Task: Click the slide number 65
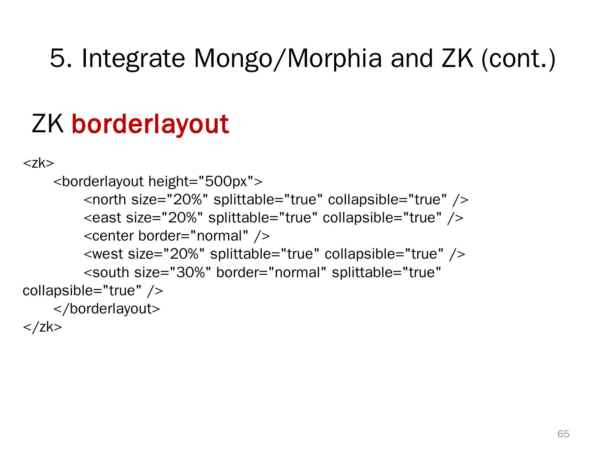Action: [563, 434]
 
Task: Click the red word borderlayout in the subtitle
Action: [150, 124]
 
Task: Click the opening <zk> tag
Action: [38, 163]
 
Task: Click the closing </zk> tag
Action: [42, 327]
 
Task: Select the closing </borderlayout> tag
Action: [107, 309]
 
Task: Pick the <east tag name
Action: [102, 218]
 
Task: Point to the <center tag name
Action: [109, 236]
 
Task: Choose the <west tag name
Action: [104, 254]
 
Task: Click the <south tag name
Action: [107, 273]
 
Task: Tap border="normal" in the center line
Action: [194, 236]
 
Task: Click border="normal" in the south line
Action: [271, 273]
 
